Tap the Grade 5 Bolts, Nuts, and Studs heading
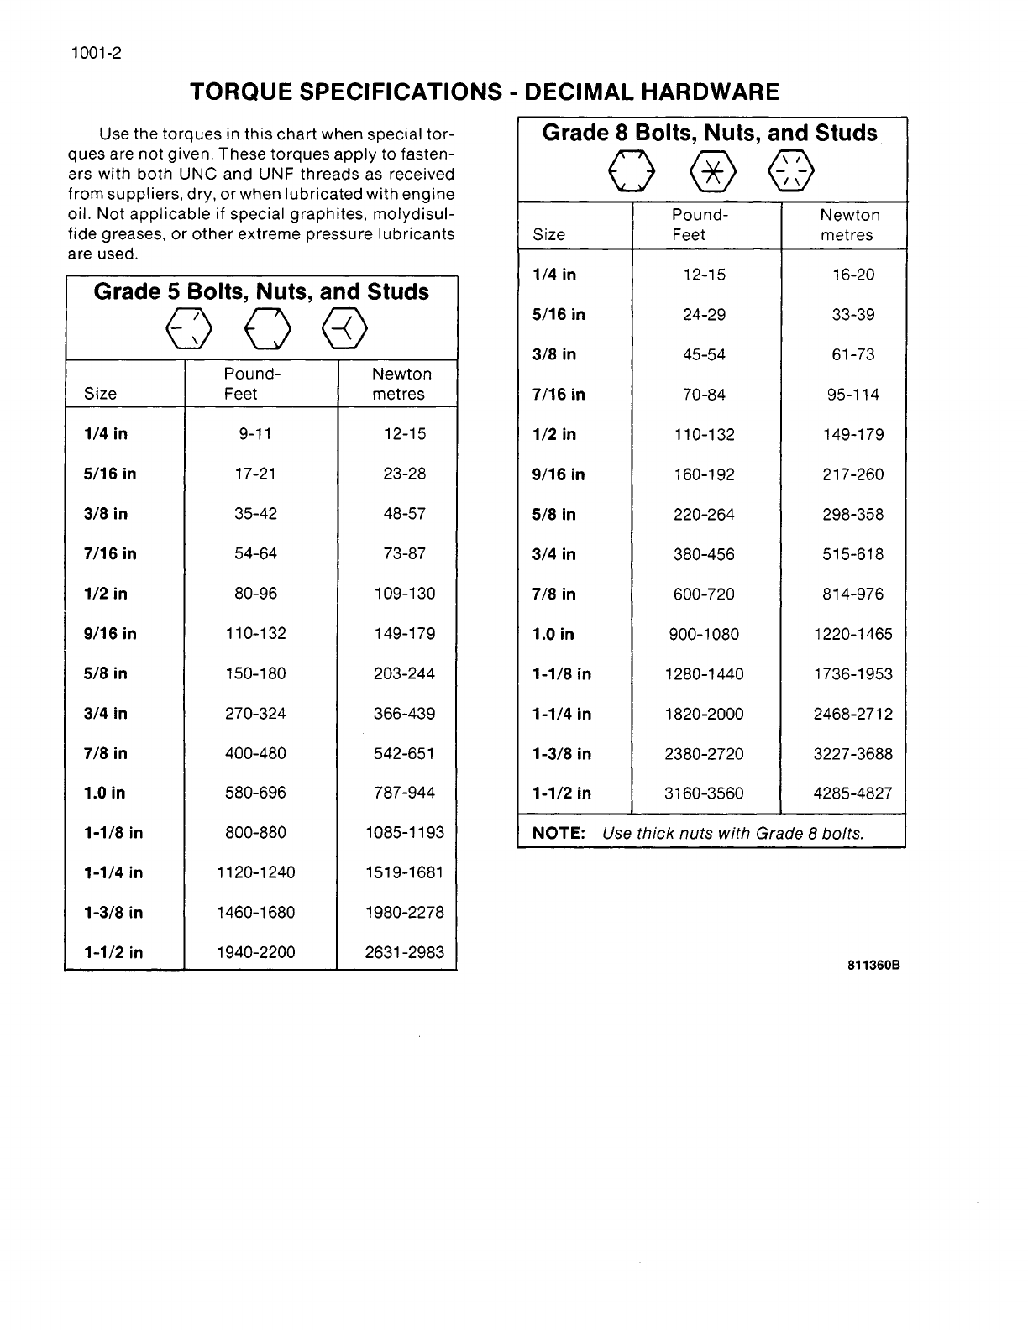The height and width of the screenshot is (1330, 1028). click(x=261, y=292)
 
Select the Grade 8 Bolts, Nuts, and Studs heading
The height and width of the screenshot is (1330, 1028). click(x=710, y=133)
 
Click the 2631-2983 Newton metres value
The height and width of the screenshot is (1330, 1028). click(x=404, y=952)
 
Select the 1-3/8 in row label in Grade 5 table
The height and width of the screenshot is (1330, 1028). click(x=113, y=913)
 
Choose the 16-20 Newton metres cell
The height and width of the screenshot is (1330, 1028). click(x=852, y=275)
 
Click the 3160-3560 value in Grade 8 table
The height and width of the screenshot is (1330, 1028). click(x=704, y=793)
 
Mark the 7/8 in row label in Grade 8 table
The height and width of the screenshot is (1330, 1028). click(x=554, y=594)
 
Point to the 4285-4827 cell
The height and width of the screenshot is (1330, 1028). click(x=852, y=793)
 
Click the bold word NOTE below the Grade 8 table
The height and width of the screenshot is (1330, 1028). click(x=559, y=833)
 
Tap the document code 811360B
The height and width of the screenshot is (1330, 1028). click(x=873, y=966)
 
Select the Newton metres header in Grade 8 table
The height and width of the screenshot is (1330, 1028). click(x=848, y=225)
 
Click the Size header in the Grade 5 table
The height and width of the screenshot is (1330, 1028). click(x=100, y=394)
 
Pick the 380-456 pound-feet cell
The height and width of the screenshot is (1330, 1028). click(x=704, y=554)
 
